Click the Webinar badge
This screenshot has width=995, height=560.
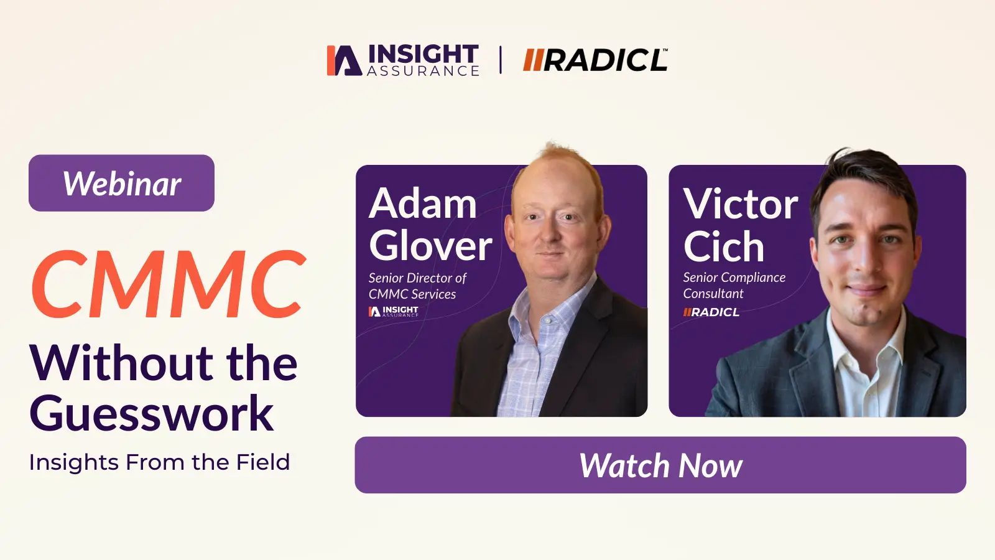point(121,183)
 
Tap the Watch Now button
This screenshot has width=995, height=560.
point(660,465)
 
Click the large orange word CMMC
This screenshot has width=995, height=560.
point(169,284)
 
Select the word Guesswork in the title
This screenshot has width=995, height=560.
point(152,413)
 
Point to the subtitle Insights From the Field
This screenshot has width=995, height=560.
point(159,462)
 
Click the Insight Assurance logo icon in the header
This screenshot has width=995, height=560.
point(345,60)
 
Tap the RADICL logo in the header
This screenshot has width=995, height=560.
point(595,60)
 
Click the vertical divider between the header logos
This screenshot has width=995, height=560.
point(501,60)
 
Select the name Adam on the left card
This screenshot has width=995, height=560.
point(422,203)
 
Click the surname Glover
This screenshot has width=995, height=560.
point(430,246)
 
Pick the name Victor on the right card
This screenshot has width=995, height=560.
point(741,203)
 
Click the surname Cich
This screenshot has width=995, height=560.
point(724,246)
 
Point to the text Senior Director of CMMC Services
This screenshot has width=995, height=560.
point(417,286)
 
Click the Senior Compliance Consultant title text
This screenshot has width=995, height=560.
point(734,286)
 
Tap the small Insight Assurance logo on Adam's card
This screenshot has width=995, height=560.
point(394,311)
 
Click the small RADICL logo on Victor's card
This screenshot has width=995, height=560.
point(711,312)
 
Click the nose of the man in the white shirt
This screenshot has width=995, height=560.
point(865,264)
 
